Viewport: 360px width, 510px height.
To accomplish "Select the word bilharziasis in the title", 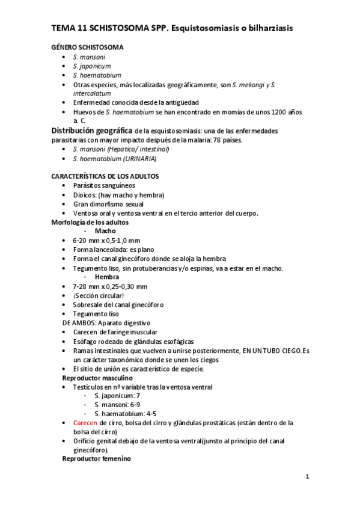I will point(273,28).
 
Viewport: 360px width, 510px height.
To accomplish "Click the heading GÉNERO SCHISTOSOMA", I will point(88,47).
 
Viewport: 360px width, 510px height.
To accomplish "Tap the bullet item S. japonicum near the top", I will point(91,66).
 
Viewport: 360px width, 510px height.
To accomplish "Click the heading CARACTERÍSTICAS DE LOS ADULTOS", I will point(105,176).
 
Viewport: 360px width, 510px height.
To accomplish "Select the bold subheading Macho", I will point(105,231).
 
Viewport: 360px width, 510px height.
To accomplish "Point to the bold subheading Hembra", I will point(107,277).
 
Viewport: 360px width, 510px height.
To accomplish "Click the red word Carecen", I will point(85,423).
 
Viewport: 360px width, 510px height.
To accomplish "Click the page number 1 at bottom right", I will point(307,478).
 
